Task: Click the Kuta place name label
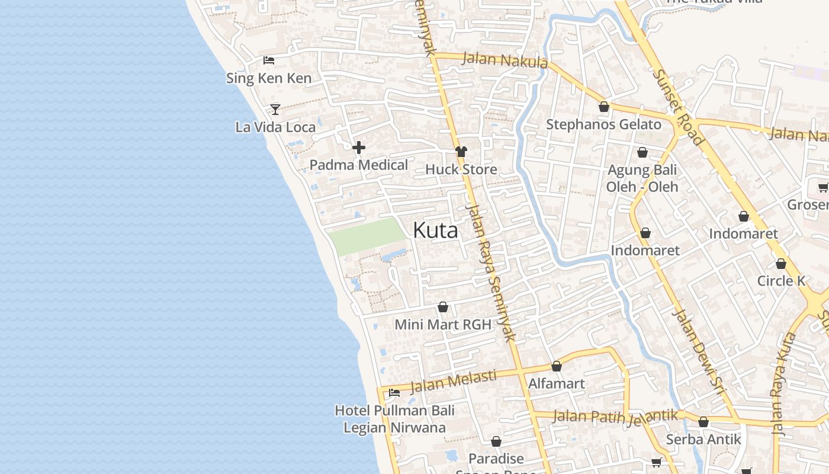point(435,230)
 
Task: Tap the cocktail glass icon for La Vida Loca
point(275,109)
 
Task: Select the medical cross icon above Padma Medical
point(359,148)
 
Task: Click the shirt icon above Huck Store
point(461,152)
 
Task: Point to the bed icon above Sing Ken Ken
point(269,60)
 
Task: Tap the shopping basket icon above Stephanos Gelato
point(604,107)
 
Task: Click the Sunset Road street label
point(679,107)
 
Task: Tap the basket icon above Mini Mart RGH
point(443,307)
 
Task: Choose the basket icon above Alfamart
point(557,366)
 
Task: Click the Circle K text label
point(781,280)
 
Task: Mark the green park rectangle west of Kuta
point(367,235)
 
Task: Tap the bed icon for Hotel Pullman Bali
point(394,393)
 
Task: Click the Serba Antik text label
point(703,439)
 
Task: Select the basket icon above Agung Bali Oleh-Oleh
point(642,153)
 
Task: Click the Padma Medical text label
point(359,165)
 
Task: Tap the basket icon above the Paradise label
point(496,441)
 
